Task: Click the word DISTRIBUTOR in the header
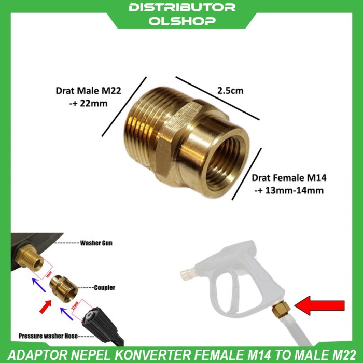(x=181, y=8)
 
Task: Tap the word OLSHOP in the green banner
(x=181, y=21)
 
